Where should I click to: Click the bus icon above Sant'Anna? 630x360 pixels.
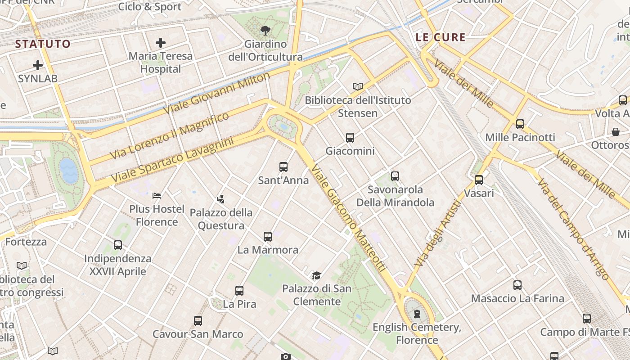(x=283, y=167)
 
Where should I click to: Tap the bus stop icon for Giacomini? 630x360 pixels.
(x=350, y=138)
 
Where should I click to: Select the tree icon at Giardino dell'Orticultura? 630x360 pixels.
(x=265, y=31)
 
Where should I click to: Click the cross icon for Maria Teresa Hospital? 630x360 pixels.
(x=161, y=43)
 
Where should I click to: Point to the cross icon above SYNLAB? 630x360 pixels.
(x=38, y=65)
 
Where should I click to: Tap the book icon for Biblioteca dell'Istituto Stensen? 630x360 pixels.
(x=358, y=86)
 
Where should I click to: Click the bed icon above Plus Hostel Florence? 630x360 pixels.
(x=157, y=195)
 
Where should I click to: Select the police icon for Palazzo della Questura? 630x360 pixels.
(x=220, y=199)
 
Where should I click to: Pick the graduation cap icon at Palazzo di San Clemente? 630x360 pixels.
(x=317, y=275)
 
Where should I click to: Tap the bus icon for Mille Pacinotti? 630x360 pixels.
(x=520, y=124)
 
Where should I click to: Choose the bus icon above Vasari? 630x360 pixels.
(x=479, y=180)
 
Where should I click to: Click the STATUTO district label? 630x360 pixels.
(x=43, y=44)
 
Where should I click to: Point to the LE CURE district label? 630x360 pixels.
(x=441, y=37)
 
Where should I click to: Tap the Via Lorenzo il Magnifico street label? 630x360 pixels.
(x=169, y=135)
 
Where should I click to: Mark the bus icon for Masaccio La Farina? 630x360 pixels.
(x=517, y=285)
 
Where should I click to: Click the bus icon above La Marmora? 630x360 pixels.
(x=268, y=236)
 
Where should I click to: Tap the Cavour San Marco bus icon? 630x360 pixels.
(x=198, y=321)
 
